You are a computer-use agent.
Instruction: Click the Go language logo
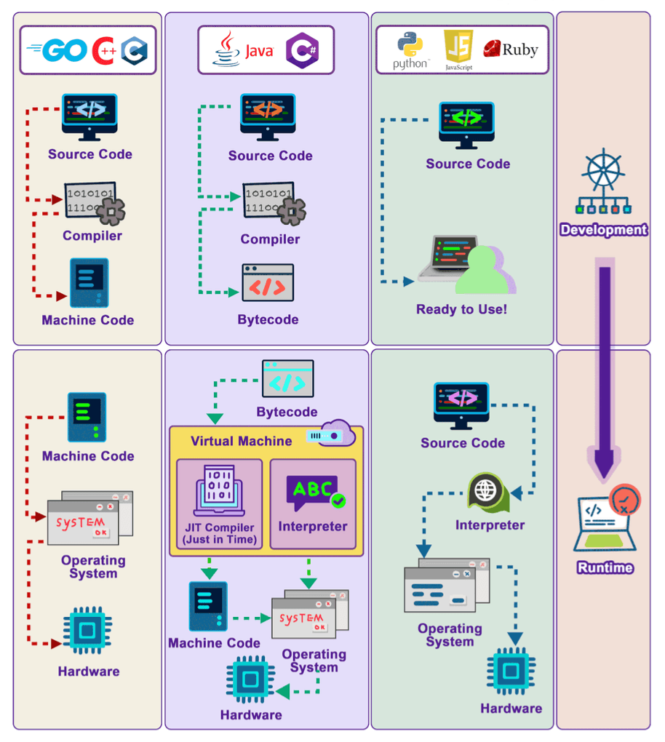click(56, 50)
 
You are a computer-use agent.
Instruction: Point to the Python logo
click(410, 49)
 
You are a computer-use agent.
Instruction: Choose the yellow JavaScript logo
click(459, 48)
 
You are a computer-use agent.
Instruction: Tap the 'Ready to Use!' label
click(461, 309)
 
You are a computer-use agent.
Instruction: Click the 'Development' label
click(603, 230)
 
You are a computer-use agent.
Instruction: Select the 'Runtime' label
click(605, 567)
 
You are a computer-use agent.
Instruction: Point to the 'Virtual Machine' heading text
click(241, 441)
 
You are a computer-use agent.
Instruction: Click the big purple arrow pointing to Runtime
click(605, 371)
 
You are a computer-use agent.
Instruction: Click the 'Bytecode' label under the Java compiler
click(268, 319)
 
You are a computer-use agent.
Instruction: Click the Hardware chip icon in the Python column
click(511, 671)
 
